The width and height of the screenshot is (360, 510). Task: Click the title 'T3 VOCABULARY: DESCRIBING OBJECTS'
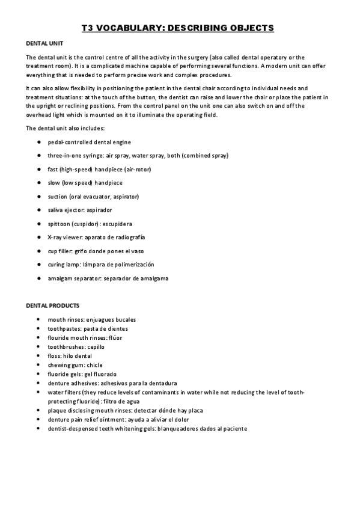177,28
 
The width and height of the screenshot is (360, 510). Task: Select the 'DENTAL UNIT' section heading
45,44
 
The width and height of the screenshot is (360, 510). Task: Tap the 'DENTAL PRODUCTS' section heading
52,306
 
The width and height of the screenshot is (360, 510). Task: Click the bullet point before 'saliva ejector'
38,210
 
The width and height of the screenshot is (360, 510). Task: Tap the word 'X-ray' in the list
56,237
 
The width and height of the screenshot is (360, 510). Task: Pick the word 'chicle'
95,365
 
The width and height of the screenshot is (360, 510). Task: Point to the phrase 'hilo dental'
78,356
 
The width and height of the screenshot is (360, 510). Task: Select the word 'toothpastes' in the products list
63,329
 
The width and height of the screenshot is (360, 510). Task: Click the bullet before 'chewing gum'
38,365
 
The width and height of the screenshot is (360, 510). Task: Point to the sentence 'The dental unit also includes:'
66,128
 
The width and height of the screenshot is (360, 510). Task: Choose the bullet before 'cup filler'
38,251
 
